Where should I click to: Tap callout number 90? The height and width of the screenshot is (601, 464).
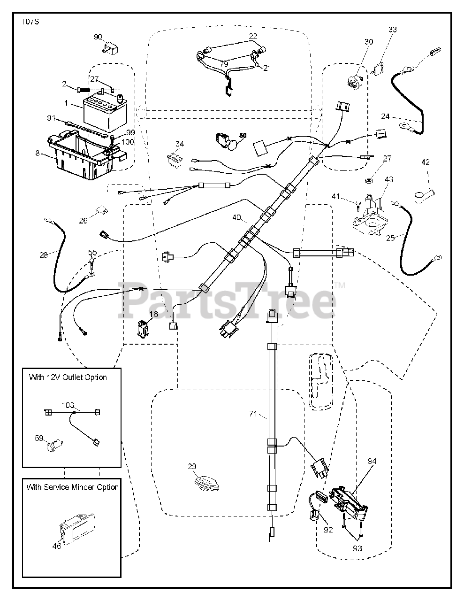tap(98, 37)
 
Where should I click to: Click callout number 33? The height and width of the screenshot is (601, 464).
tap(392, 30)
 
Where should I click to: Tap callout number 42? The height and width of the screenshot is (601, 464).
tap(426, 162)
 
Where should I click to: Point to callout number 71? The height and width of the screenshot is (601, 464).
tap(253, 414)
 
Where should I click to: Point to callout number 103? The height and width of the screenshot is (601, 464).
tap(68, 404)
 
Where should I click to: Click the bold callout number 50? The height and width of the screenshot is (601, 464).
tap(243, 135)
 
